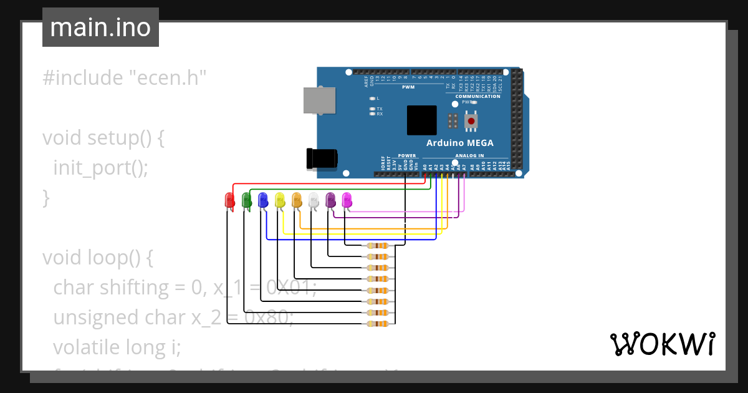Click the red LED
point(229,200)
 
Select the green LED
point(246,200)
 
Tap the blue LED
point(263,200)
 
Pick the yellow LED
point(280,200)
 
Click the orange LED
point(297,200)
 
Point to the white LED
point(314,200)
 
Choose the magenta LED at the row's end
point(347,200)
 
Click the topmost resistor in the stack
point(377,246)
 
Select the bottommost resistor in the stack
point(377,323)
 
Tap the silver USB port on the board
point(319,100)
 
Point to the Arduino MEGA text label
point(459,143)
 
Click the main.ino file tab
point(100,27)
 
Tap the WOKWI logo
point(662,344)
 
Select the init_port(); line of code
point(101,168)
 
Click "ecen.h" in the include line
point(168,78)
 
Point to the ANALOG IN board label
point(469,155)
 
